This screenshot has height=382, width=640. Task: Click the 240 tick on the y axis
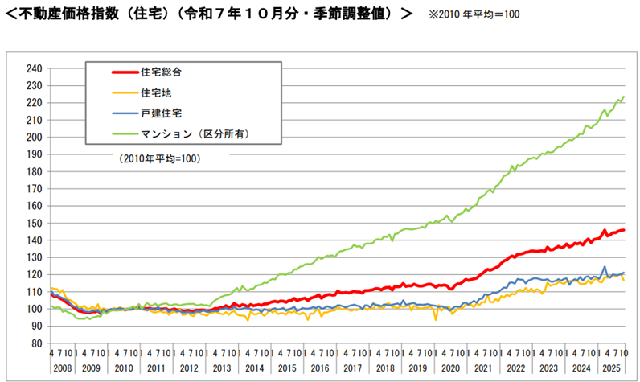[x=35, y=68]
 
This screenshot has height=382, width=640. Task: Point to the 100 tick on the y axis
[x=35, y=309]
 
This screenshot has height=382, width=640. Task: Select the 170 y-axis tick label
[x=35, y=188]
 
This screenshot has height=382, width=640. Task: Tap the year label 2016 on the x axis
[x=320, y=367]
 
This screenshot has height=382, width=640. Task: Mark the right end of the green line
[x=624, y=97]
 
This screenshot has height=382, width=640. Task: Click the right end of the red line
[x=624, y=231]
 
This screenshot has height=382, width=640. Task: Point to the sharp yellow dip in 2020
[x=436, y=320]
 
